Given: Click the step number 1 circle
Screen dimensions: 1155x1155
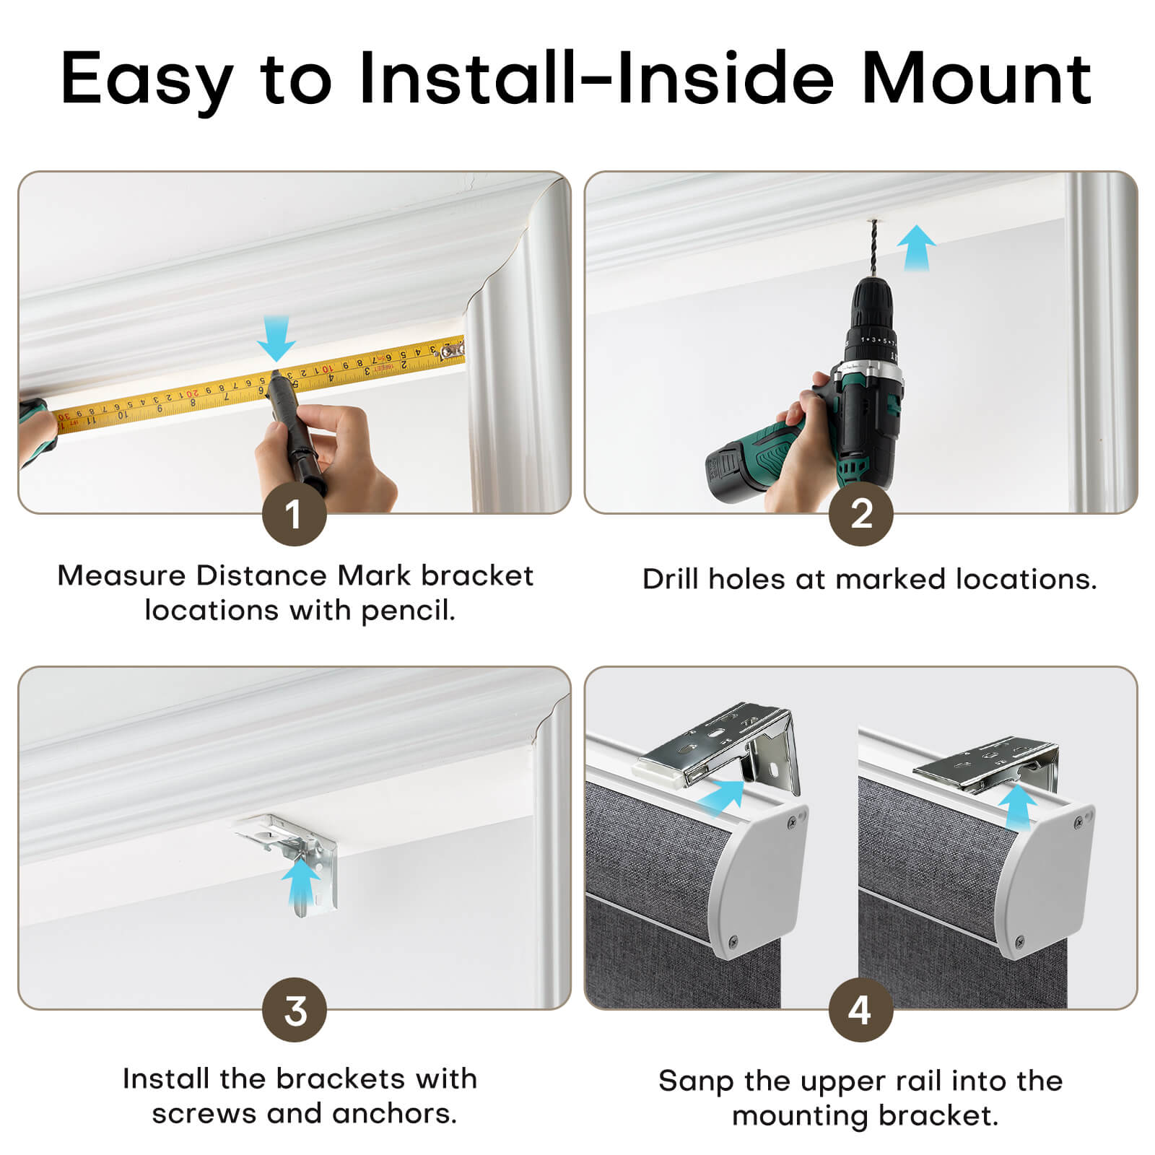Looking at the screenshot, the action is tap(294, 514).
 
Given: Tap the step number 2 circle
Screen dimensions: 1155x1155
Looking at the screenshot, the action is tap(860, 514).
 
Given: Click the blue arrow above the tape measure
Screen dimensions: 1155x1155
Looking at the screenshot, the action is tap(276, 339).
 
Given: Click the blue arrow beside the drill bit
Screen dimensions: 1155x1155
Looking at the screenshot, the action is tap(916, 247).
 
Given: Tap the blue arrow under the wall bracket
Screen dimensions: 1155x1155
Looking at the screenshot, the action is tap(300, 884).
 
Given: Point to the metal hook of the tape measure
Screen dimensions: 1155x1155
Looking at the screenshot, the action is tap(452, 352).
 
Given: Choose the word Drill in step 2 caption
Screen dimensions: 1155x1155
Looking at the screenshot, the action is tap(670, 579).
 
